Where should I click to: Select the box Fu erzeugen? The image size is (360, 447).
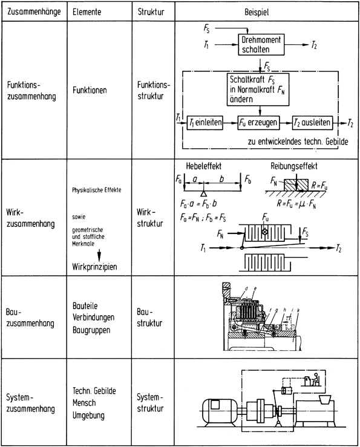click(258, 122)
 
